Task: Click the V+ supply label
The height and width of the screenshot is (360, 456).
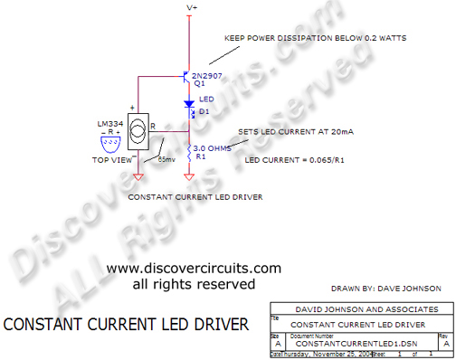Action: pyautogui.click(x=191, y=7)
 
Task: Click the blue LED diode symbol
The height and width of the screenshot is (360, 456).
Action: pyautogui.click(x=190, y=104)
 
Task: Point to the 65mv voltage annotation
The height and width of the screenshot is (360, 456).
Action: pyautogui.click(x=167, y=160)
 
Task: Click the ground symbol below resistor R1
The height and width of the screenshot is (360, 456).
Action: pyautogui.click(x=190, y=177)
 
